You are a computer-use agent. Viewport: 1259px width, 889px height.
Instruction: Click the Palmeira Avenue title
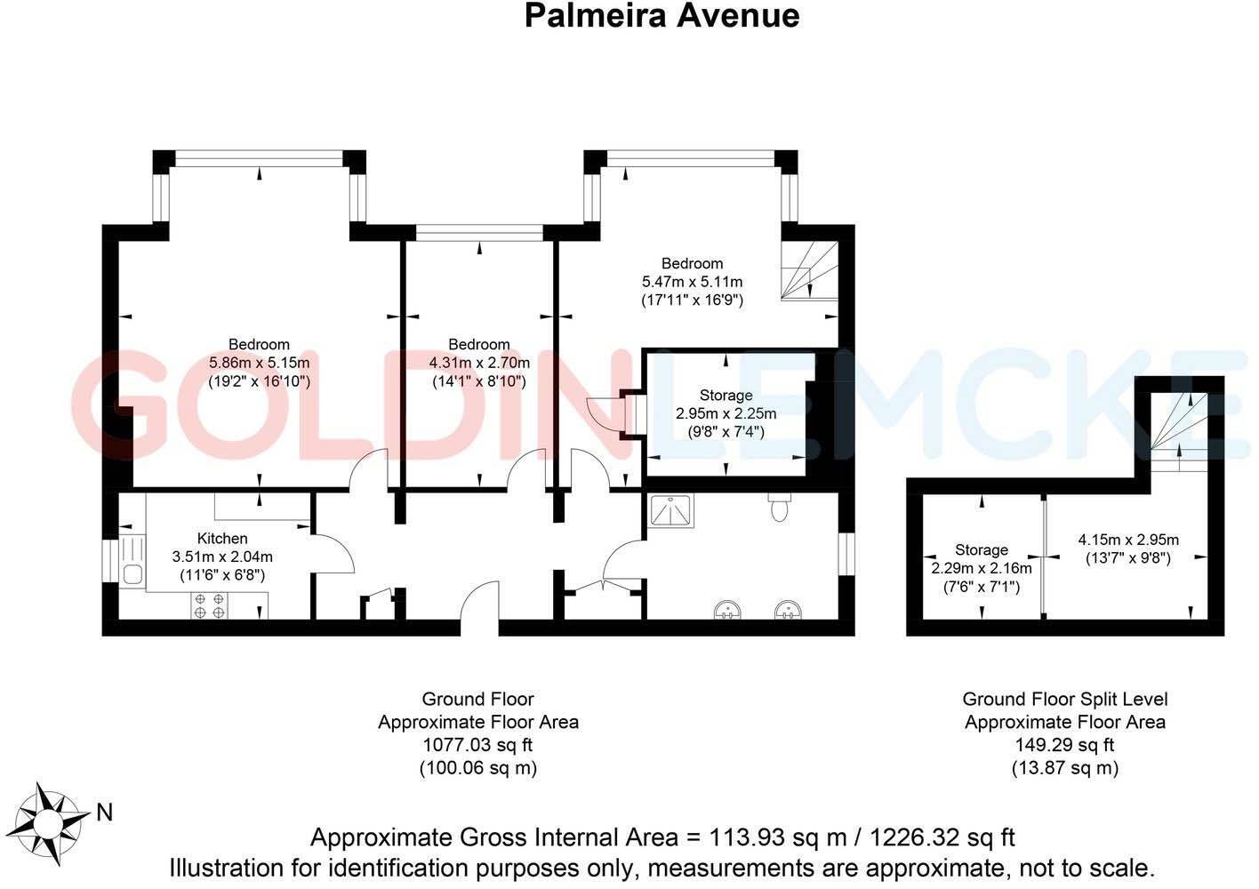click(662, 16)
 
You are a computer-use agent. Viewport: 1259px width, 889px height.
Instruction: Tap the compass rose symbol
click(55, 823)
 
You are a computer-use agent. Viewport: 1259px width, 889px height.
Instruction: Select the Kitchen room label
click(222, 538)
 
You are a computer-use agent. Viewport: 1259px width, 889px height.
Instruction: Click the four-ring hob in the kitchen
click(209, 605)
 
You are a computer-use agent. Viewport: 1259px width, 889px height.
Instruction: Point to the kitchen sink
click(133, 574)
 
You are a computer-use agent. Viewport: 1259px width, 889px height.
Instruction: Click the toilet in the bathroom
click(779, 509)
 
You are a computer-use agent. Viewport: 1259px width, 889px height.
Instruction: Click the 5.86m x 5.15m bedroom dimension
click(259, 363)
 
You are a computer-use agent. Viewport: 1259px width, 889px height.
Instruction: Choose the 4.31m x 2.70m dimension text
click(479, 363)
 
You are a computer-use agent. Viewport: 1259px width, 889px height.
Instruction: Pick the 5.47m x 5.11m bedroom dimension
click(692, 282)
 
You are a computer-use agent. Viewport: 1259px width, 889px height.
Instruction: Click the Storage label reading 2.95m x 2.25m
click(726, 413)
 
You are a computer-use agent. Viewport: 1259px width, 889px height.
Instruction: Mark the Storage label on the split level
click(982, 549)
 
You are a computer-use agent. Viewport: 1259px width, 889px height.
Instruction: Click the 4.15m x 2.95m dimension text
click(1128, 540)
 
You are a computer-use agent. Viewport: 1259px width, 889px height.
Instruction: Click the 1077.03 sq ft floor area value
click(477, 745)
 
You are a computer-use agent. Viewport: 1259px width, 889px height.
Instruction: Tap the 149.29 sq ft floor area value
click(1064, 745)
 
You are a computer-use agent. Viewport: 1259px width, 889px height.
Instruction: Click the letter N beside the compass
click(104, 812)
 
